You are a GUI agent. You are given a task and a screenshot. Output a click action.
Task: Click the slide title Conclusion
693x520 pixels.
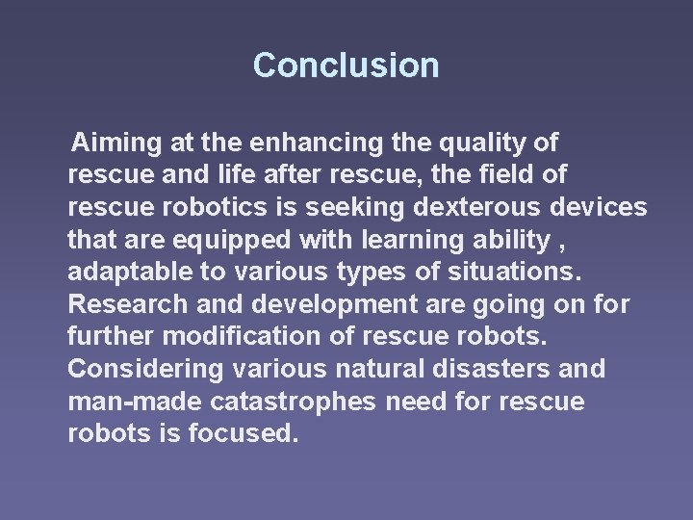pos(346,65)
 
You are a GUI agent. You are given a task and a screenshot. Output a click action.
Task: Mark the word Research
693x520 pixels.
pos(122,304)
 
